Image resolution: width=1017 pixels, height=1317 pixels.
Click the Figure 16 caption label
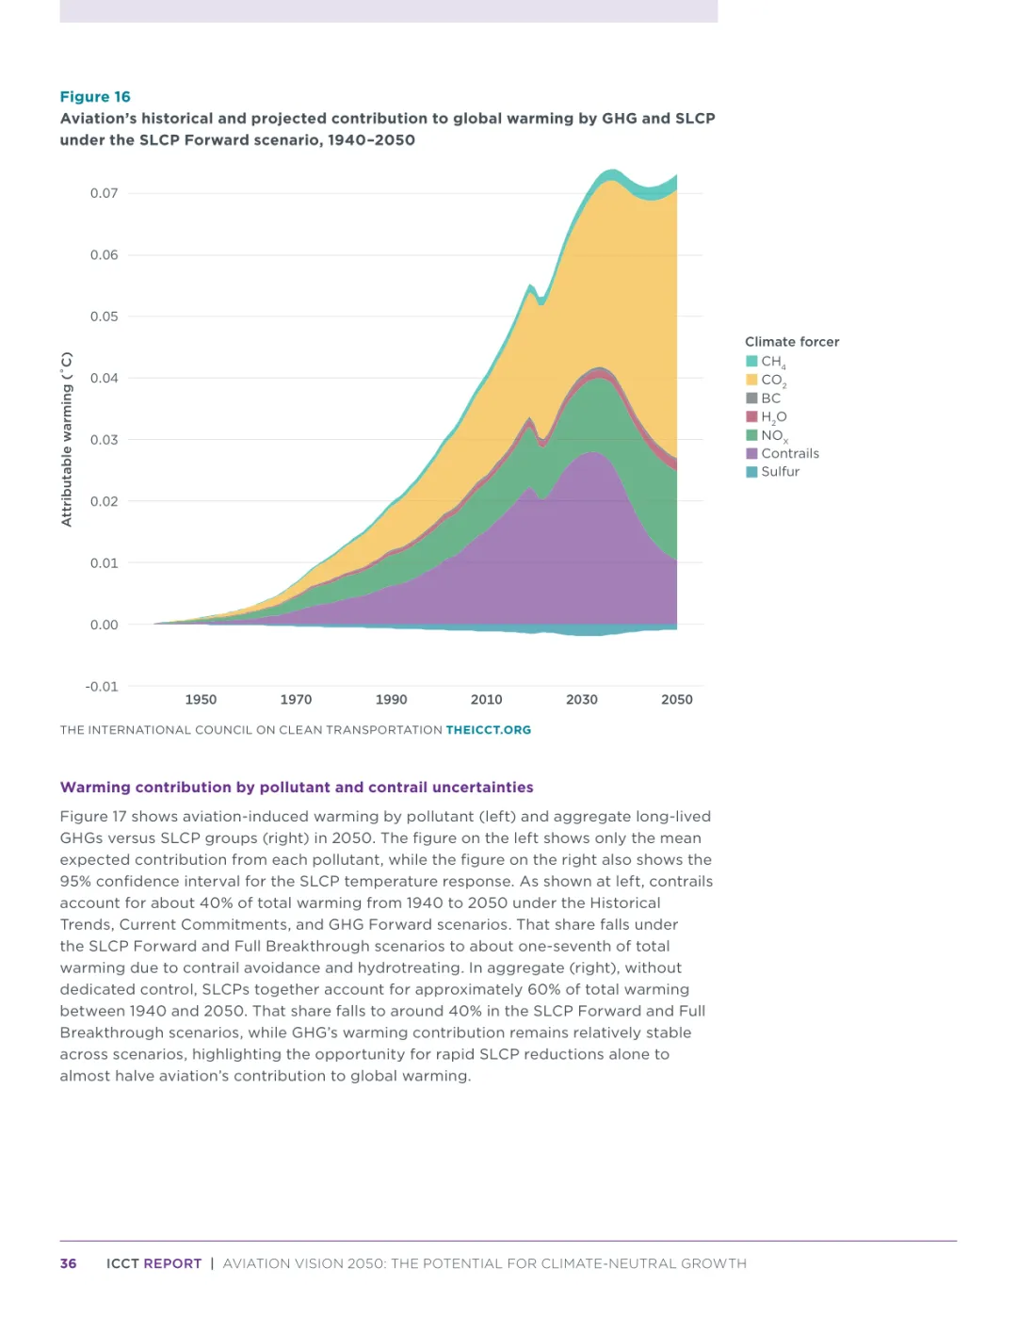click(x=95, y=97)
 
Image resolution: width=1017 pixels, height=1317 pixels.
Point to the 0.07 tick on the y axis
click(x=104, y=193)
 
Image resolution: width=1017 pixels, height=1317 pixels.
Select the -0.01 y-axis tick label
click(x=102, y=687)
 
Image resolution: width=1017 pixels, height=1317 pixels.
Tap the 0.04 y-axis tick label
click(x=104, y=378)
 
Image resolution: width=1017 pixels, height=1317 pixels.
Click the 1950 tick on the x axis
click(x=201, y=700)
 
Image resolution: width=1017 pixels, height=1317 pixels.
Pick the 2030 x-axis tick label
click(x=582, y=700)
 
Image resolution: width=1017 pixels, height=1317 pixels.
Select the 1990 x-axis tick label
click(x=391, y=700)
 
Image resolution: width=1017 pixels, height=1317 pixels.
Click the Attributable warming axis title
click(x=67, y=439)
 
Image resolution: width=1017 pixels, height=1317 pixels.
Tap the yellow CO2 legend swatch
click(x=751, y=380)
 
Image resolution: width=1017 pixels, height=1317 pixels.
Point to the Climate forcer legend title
click(x=792, y=342)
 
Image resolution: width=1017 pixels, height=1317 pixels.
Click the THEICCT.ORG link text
click(x=488, y=730)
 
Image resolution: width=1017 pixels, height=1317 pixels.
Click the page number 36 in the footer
click(x=69, y=1263)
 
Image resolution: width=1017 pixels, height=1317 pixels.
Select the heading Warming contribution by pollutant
click(x=297, y=788)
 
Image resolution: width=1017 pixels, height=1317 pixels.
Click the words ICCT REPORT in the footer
click(x=153, y=1263)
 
